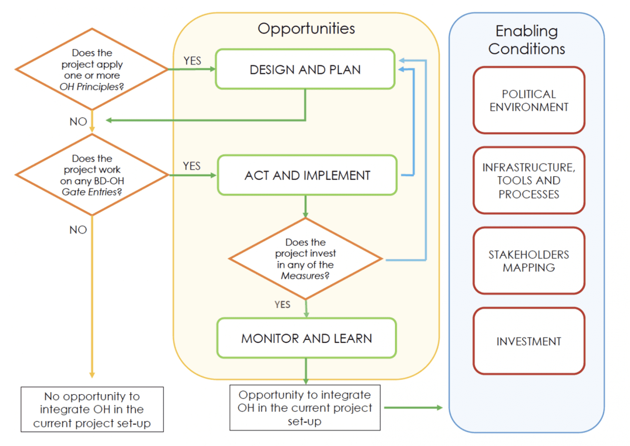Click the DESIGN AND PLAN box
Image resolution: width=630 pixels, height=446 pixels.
(x=305, y=69)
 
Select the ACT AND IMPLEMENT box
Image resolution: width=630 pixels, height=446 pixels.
(x=307, y=175)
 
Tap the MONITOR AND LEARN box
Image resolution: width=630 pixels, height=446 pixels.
(x=306, y=338)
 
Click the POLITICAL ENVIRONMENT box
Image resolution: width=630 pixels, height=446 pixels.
(x=529, y=101)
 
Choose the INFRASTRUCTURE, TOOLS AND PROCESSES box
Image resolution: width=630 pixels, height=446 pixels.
(x=529, y=181)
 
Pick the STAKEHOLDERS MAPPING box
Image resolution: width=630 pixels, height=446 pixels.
(x=529, y=261)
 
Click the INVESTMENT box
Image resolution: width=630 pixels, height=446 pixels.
(x=529, y=341)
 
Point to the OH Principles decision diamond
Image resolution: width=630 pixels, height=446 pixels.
(x=92, y=69)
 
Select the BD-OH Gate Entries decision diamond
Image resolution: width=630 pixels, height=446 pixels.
(x=92, y=175)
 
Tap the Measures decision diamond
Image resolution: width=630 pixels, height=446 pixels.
(x=306, y=259)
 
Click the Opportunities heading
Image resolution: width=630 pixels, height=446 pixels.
(x=306, y=29)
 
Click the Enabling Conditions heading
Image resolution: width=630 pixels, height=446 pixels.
(x=527, y=40)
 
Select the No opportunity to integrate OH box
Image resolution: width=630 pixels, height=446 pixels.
(x=92, y=409)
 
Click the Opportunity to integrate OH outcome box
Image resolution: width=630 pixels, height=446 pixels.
(x=305, y=408)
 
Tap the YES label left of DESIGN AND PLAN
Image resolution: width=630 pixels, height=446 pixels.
(x=192, y=61)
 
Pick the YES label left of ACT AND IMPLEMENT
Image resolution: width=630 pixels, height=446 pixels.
(x=192, y=166)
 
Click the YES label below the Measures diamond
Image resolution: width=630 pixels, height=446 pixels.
(x=282, y=305)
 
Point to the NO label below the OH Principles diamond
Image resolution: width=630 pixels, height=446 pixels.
(x=78, y=122)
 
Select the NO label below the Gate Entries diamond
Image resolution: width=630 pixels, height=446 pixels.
(x=78, y=230)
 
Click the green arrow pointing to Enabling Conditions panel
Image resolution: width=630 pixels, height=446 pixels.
(x=413, y=408)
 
